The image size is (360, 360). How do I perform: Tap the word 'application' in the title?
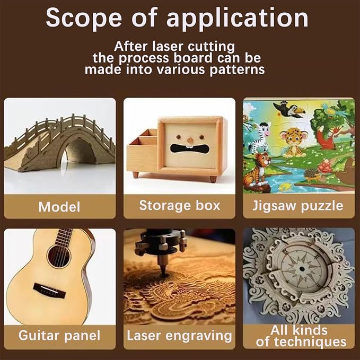point(238,19)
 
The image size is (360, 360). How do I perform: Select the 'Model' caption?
point(59,207)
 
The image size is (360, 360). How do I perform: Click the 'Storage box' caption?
point(180,205)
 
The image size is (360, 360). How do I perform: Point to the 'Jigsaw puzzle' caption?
point(298,206)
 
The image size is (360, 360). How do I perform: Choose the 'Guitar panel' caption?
point(59,336)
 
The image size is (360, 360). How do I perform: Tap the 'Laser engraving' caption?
point(179,336)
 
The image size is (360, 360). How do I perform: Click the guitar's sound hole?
point(58,256)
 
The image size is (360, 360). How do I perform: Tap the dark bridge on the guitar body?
point(49,291)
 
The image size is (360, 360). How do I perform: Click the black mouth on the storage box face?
point(190,148)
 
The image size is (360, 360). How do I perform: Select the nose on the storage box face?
point(190,140)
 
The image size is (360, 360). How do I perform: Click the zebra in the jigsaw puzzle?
point(259,137)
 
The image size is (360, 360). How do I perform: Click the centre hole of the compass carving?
point(302,269)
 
